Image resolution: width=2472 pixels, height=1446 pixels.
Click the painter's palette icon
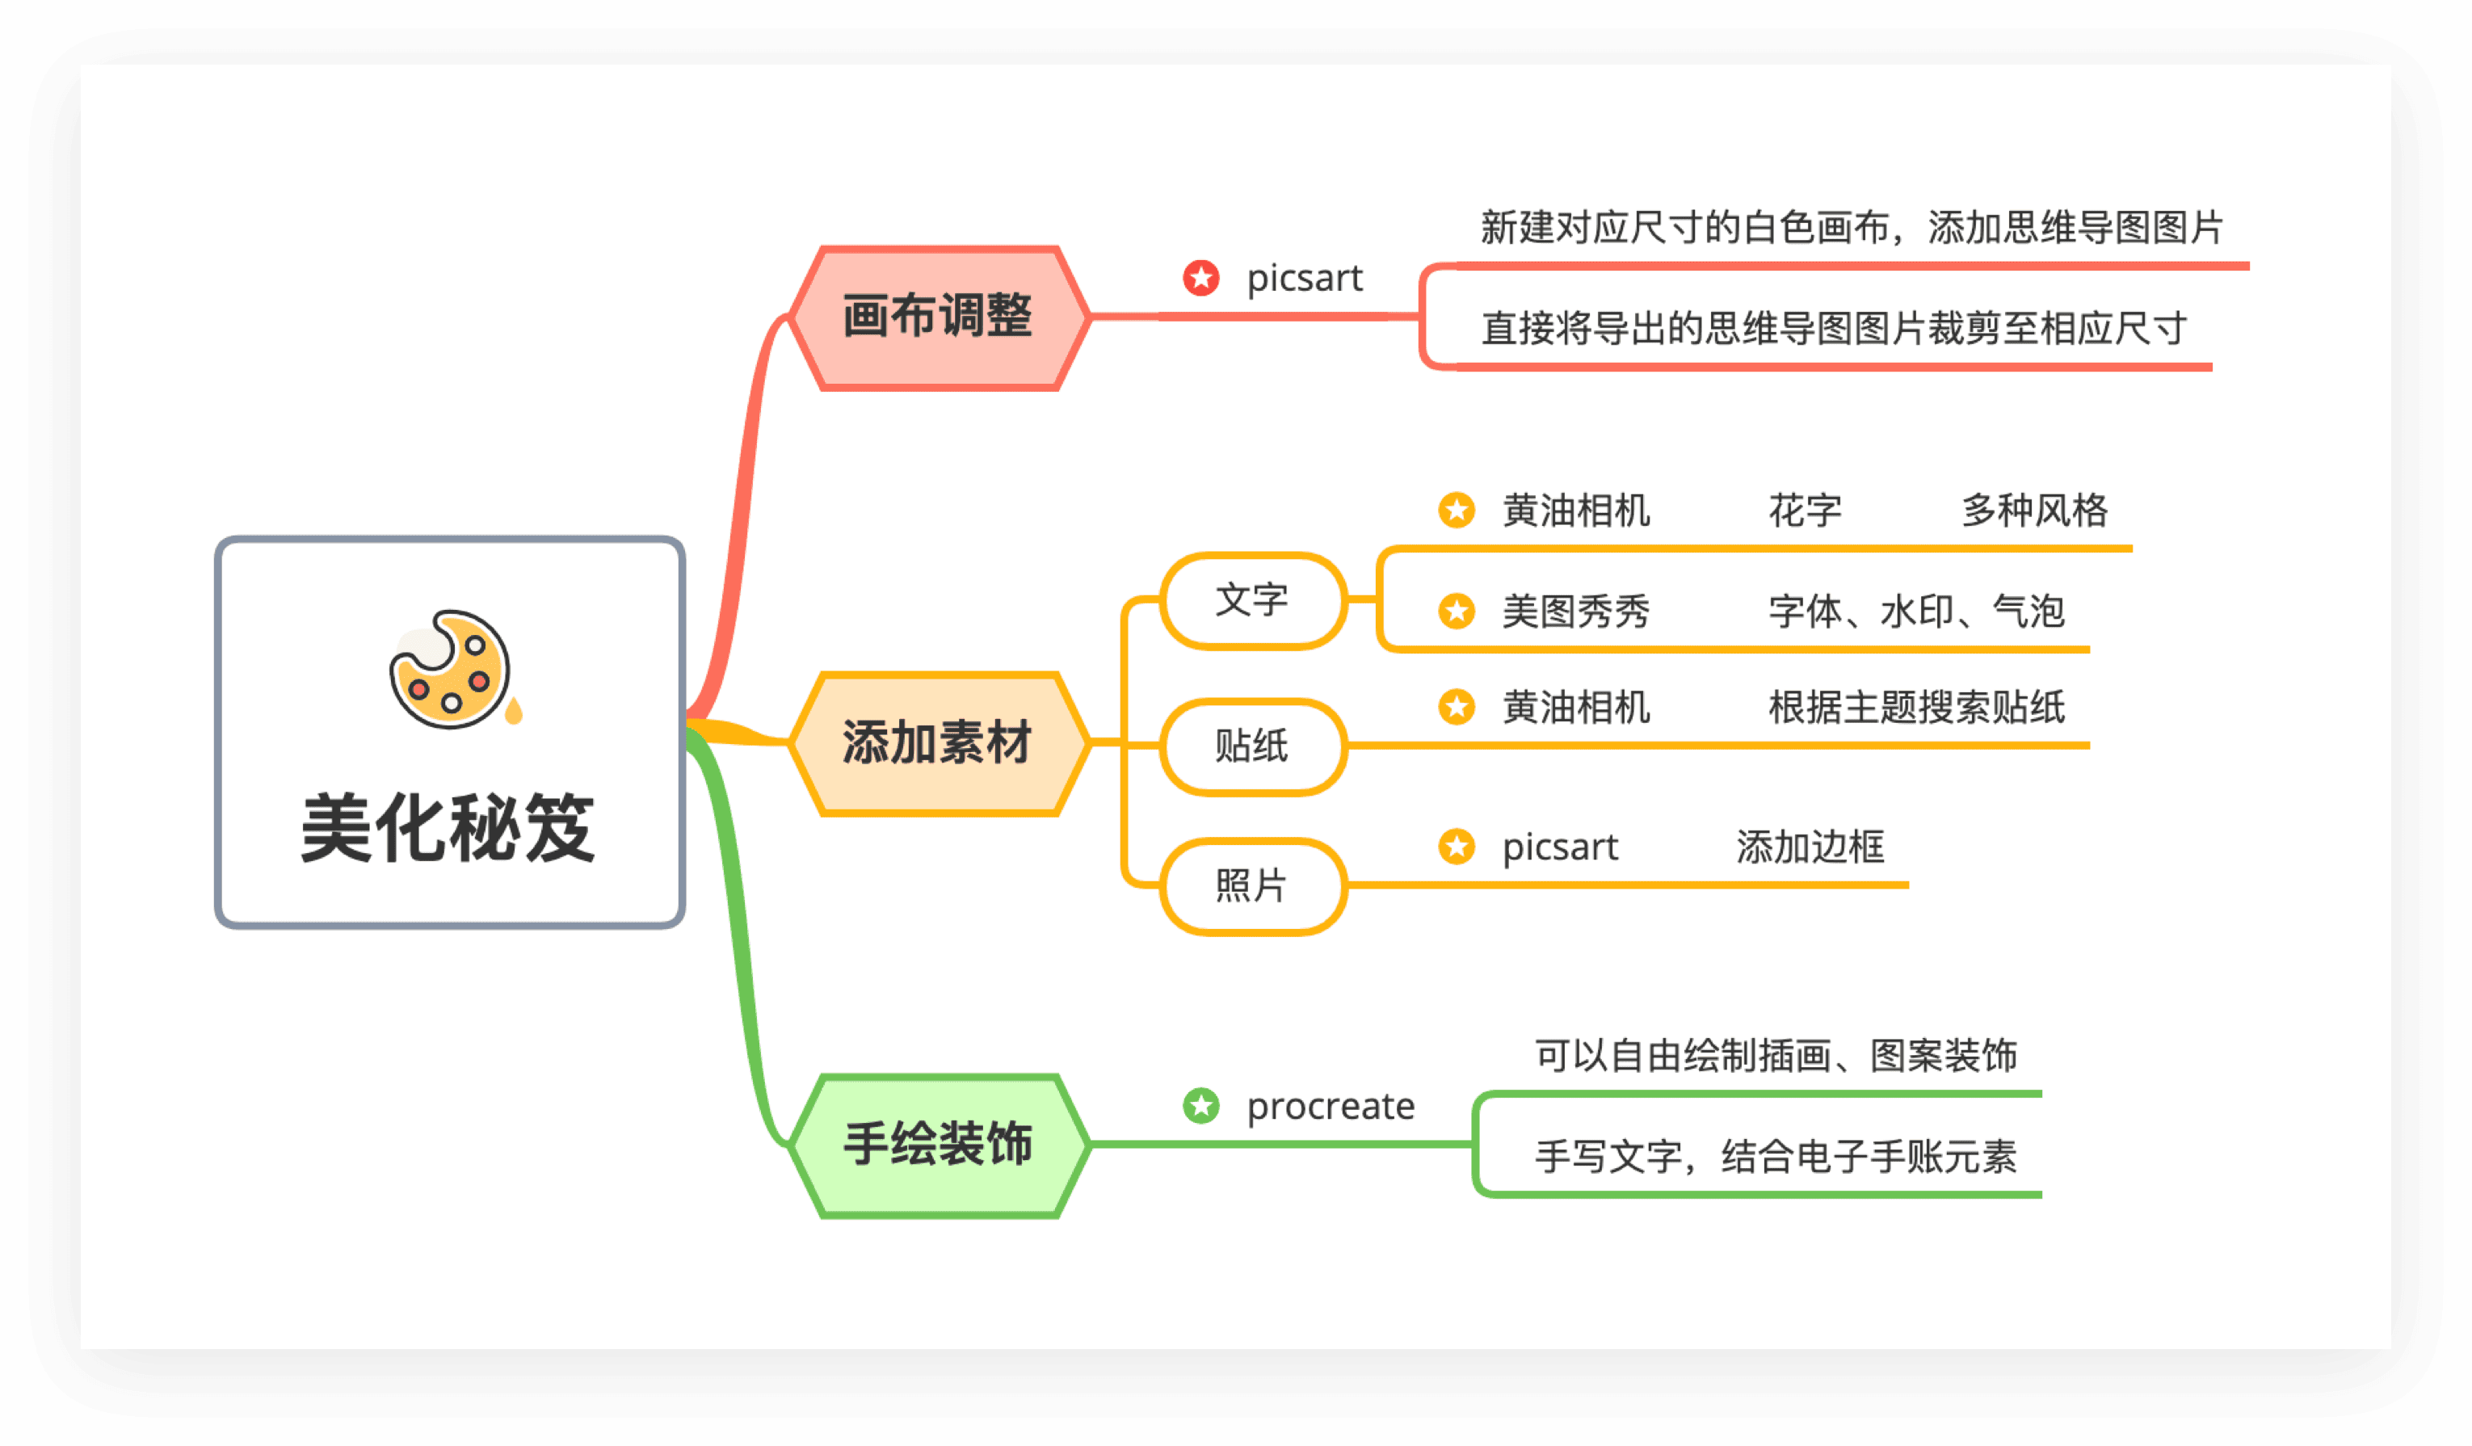(452, 669)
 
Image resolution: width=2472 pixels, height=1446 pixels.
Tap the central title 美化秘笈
(448, 829)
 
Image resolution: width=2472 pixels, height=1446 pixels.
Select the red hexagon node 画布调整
(939, 317)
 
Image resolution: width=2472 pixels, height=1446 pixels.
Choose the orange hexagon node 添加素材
(939, 742)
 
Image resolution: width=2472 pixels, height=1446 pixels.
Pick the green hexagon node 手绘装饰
(939, 1145)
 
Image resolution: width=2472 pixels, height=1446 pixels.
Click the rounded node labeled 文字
(1251, 600)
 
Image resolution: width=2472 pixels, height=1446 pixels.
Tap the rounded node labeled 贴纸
(1251, 746)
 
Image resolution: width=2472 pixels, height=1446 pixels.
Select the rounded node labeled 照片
(1251, 886)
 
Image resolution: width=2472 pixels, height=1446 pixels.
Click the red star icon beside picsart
(1200, 278)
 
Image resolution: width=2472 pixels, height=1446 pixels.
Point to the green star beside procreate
(1200, 1106)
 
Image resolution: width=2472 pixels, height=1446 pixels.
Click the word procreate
(1331, 1107)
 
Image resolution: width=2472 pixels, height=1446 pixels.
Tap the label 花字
(1805, 510)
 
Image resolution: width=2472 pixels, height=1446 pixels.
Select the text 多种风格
(2034, 510)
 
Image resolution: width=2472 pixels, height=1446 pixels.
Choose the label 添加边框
(1810, 847)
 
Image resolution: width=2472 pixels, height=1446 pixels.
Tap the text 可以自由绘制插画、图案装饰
(1776, 1056)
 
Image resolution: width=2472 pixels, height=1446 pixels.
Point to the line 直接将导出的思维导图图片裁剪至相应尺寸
(1834, 329)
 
